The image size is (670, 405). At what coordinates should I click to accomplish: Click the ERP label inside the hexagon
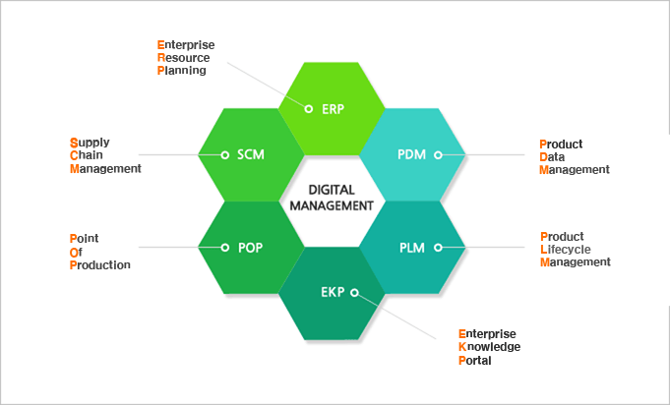click(334, 108)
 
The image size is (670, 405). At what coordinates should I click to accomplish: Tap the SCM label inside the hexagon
click(251, 155)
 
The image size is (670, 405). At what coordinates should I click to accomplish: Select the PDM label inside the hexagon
click(411, 155)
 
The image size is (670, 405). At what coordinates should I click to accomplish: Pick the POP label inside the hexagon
click(251, 248)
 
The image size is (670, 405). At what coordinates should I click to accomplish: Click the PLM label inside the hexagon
click(412, 248)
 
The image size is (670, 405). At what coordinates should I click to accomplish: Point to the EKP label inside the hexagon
click(333, 292)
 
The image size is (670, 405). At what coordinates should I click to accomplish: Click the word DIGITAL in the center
click(332, 190)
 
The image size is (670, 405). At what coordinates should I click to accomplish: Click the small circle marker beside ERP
click(309, 108)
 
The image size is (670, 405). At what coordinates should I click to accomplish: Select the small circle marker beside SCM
click(224, 155)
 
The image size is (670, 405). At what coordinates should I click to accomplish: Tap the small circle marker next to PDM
click(438, 155)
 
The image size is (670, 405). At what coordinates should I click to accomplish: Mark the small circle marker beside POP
click(224, 248)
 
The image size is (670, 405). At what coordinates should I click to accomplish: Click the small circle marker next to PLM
click(438, 248)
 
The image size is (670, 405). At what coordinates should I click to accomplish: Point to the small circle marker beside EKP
click(354, 292)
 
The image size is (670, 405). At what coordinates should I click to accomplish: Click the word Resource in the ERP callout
click(182, 58)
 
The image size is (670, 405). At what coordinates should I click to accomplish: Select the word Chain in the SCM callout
click(87, 155)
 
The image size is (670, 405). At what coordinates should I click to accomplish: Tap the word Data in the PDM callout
click(553, 156)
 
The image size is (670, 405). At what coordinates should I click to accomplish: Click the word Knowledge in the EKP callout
click(490, 347)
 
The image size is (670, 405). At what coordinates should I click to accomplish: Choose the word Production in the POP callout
click(100, 264)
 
